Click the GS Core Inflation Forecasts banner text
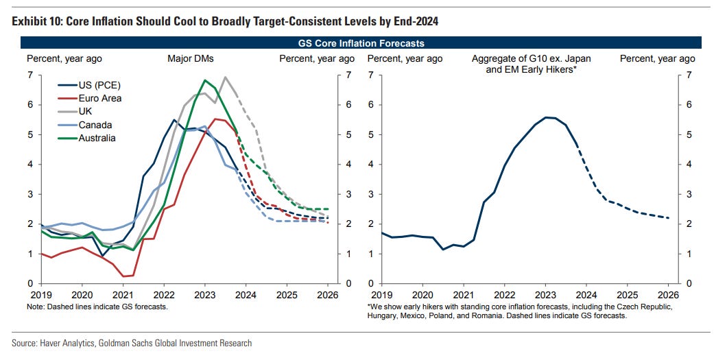361,43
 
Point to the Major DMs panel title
189,59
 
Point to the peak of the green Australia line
205,80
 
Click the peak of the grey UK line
225,77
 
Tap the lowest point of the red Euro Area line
125,276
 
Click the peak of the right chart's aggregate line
547,117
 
